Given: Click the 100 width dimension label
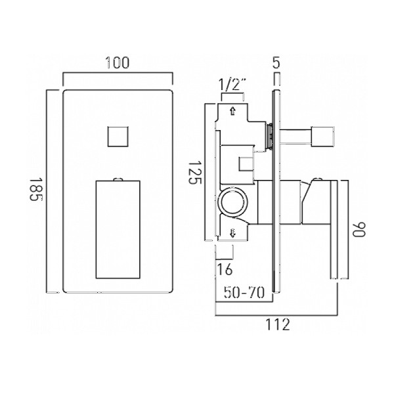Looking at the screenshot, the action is coord(117,62).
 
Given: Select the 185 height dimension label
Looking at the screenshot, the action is coord(36,190).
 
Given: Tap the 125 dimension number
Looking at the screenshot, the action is coord(195,173).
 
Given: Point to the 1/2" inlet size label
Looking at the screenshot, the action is coord(232,85).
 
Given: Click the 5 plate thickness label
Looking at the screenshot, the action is coord(276,63).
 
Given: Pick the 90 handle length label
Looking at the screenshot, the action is coord(359,229).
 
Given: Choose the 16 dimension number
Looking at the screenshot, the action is coord(225,269).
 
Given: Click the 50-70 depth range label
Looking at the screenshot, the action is coord(244,292).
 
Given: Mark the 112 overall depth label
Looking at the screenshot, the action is coord(277,324).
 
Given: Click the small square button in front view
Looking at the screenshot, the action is coord(118,136).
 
